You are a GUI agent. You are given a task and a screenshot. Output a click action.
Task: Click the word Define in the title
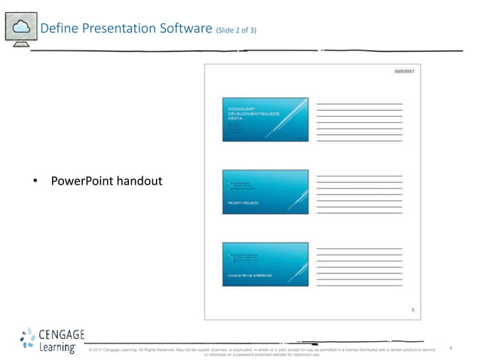pos(58,29)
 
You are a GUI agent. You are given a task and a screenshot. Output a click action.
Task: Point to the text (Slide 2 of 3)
pos(236,31)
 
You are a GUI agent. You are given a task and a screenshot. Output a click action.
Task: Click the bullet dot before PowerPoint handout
pos(35,182)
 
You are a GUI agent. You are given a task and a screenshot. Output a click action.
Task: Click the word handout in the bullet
pos(140,182)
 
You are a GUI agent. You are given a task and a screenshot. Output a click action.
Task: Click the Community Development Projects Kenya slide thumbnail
pos(265,119)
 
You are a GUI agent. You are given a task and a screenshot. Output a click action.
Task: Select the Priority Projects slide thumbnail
pos(265,192)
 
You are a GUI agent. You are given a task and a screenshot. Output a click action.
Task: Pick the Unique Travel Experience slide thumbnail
pos(265,264)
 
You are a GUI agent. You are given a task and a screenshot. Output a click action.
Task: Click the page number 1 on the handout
pos(412,310)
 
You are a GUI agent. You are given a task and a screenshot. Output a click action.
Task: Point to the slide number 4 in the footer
pos(450,347)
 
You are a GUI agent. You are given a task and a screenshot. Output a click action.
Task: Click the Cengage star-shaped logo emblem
pos(27,340)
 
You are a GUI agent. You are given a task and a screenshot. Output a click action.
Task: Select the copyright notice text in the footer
pos(262,351)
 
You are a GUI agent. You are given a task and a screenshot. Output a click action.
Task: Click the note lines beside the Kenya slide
pos(359,121)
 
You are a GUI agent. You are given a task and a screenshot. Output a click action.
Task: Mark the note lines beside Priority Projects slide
pos(359,194)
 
